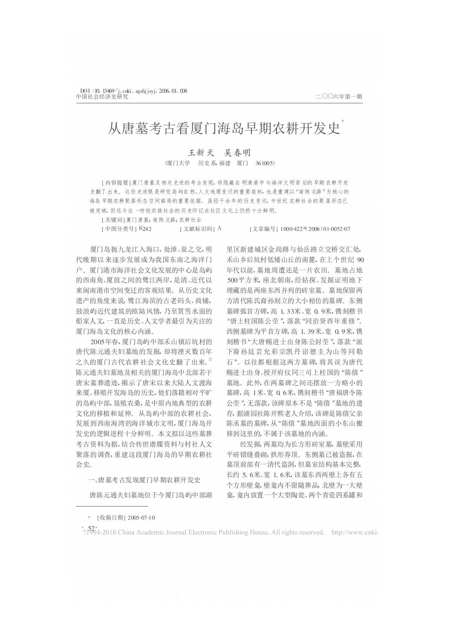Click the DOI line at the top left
coord(134,91)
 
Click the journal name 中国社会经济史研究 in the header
coord(102,97)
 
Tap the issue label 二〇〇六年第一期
coord(339,97)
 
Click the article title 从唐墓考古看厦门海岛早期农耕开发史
coord(224,129)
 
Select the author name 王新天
coord(201,153)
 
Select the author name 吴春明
coord(237,153)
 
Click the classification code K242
coord(145,229)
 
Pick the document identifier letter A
coord(220,229)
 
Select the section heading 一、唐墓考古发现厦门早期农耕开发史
coord(144,480)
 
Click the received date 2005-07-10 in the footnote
coord(141,517)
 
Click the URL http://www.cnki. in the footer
coord(354,532)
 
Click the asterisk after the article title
coord(343,121)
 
